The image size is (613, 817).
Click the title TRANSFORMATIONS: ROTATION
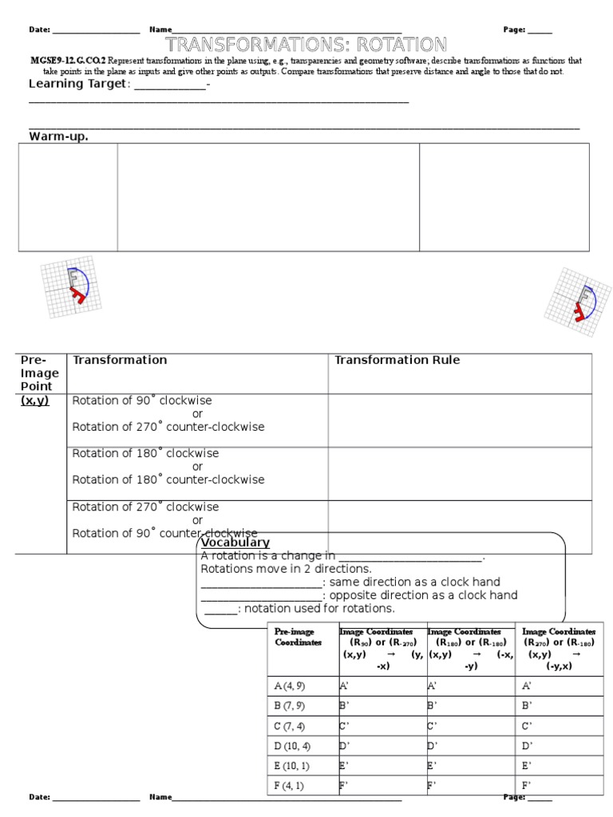[x=306, y=44]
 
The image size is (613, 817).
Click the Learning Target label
[x=77, y=85]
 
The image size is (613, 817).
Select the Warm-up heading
[x=58, y=136]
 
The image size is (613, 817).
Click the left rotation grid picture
[x=71, y=288]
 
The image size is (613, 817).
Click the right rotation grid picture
[x=577, y=302]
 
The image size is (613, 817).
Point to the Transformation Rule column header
[x=397, y=360]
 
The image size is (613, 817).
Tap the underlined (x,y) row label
[x=35, y=401]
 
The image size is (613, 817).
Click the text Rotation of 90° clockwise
[x=142, y=401]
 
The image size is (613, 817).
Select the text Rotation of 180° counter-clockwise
[x=168, y=480]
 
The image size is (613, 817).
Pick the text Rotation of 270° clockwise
[x=145, y=507]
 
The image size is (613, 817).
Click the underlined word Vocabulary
[x=235, y=543]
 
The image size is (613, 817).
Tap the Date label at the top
[x=40, y=30]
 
